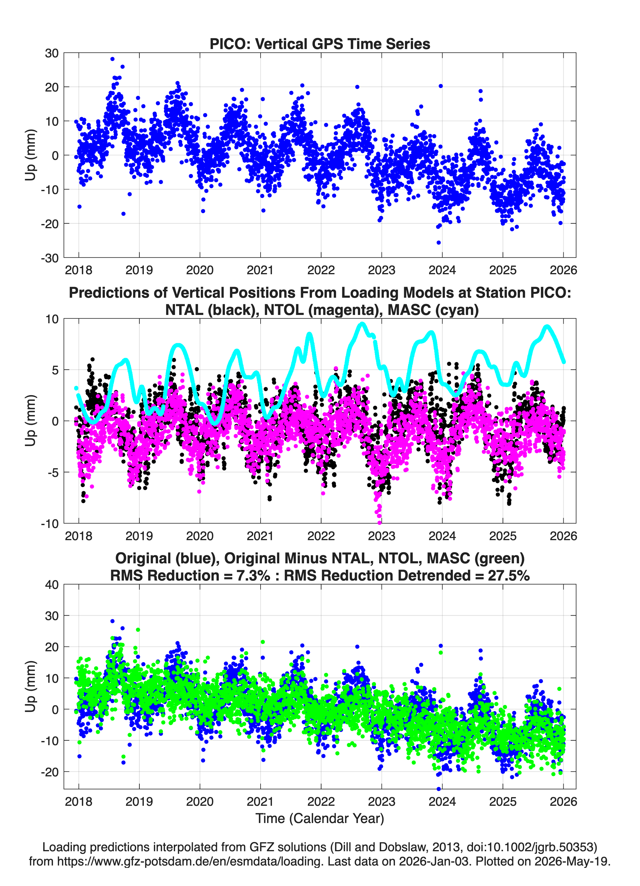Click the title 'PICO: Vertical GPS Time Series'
coord(320,44)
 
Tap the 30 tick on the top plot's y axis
coord(52,53)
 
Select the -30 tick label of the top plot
coord(50,258)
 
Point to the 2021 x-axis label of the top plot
coord(260,270)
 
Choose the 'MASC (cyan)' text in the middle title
coord(433,310)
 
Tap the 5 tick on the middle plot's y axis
coord(55,370)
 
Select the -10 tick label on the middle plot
coord(50,524)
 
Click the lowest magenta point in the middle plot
coord(379,522)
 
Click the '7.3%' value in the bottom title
coord(253,576)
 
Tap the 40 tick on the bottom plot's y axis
coord(52,585)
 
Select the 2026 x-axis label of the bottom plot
coord(563,801)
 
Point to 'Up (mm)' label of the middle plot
coord(31,421)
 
